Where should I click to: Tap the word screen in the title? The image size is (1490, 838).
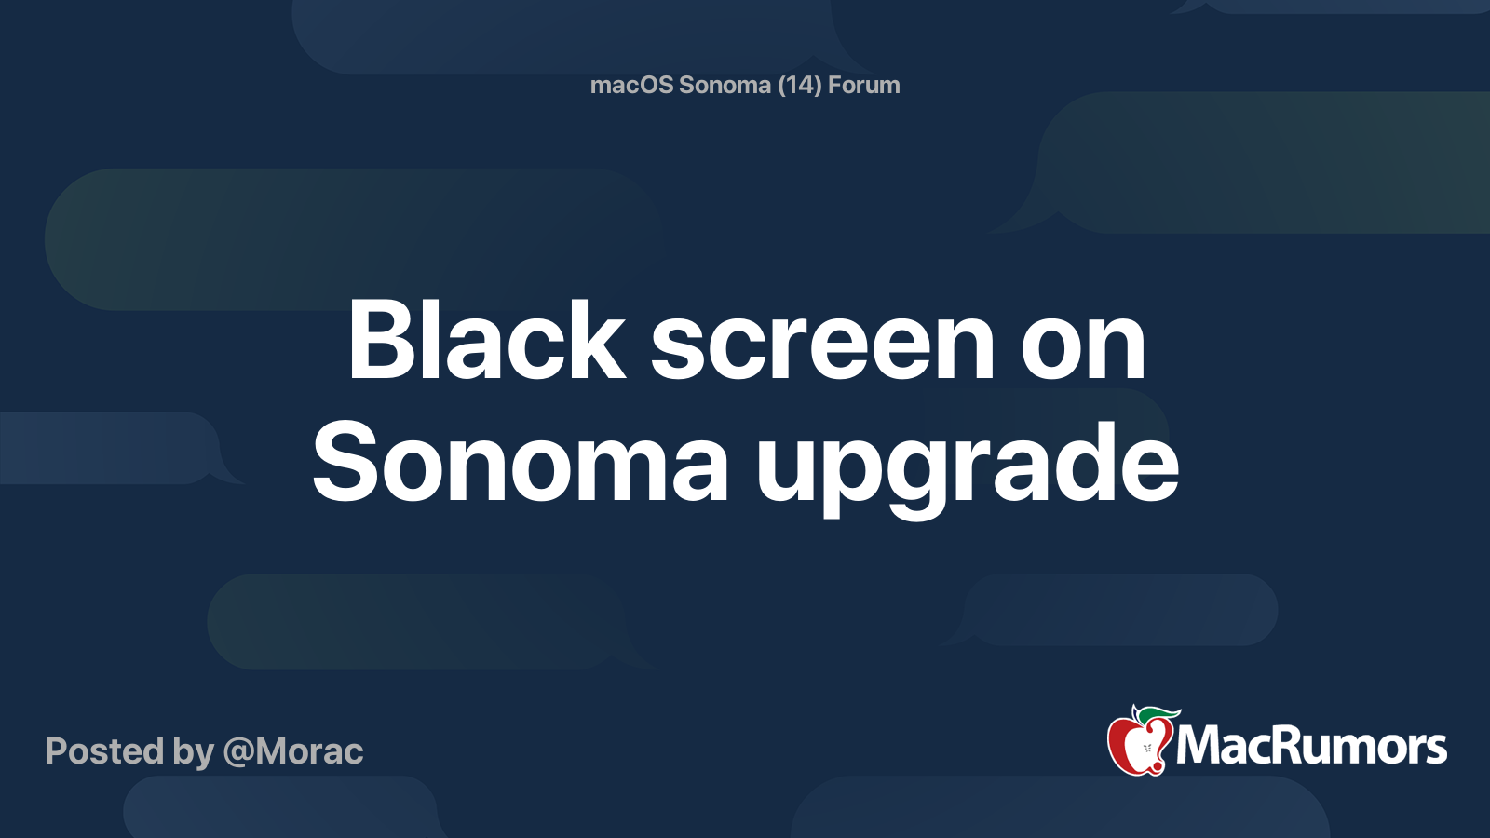point(822,346)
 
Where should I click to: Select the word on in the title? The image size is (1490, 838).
point(1083,346)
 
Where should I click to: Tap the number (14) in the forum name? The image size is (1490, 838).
point(799,86)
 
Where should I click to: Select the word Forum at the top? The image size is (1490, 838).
point(863,86)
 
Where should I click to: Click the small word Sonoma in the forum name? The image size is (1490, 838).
point(725,86)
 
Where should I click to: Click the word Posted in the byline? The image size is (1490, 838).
point(104,751)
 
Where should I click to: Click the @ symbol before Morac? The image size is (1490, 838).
point(239,752)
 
